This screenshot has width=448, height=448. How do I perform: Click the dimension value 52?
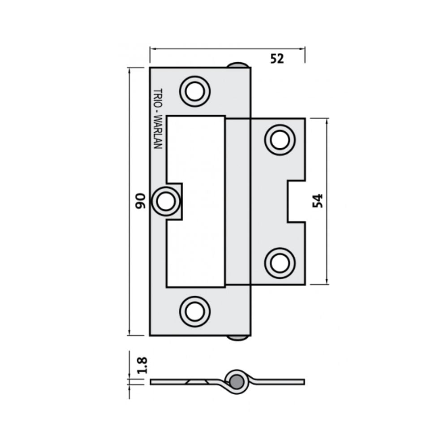tap(277, 58)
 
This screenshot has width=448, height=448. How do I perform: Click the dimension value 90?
tap(140, 201)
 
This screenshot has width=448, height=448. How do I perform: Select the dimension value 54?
tap(317, 201)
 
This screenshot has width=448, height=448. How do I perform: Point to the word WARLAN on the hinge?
tap(157, 133)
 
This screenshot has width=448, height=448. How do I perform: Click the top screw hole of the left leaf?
tap(195, 91)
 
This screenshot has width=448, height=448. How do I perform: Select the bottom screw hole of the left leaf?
tap(195, 311)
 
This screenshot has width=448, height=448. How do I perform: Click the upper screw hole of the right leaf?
tap(280, 140)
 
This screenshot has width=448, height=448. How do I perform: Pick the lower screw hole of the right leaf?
tap(280, 263)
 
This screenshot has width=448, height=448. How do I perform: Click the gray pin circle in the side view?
tap(236, 382)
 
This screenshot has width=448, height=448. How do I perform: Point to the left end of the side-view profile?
tap(153, 382)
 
